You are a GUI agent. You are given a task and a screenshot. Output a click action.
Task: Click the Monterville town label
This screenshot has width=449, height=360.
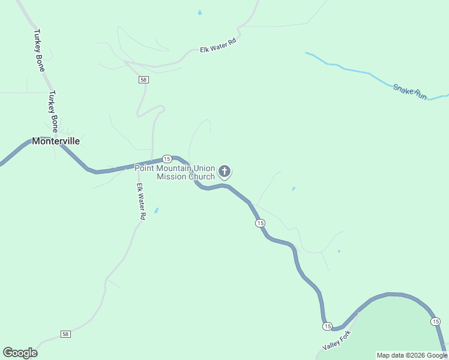point(56,142)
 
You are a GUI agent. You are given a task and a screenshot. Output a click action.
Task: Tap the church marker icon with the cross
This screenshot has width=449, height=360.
point(224,172)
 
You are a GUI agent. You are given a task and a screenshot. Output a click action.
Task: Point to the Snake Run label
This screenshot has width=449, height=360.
point(410,92)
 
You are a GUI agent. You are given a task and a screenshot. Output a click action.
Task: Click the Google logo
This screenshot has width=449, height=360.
point(20,353)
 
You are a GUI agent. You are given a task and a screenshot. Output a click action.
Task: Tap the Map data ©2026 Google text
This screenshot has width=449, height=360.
point(412,355)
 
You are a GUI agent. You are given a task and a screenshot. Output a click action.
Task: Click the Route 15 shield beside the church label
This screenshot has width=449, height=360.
point(167,159)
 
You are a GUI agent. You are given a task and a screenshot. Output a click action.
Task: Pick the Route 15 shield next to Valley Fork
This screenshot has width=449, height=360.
point(327,326)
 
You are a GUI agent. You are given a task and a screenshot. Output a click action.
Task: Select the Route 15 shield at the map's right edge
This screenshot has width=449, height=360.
point(435,322)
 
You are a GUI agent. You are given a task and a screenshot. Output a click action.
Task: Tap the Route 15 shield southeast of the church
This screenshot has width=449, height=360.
point(259,223)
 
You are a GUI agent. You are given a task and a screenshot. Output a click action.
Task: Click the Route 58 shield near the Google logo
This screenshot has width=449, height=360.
point(65,334)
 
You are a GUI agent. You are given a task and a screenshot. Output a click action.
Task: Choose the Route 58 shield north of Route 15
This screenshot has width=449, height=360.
point(143,80)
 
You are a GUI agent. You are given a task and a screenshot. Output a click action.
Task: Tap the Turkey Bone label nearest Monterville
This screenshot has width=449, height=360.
point(53,111)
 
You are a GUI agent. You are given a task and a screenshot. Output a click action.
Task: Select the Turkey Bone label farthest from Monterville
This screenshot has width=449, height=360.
point(40,50)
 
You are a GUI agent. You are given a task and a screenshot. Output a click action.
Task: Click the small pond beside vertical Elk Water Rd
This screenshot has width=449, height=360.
point(157,211)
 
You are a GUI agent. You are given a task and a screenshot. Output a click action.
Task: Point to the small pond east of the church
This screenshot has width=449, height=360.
point(294,189)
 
